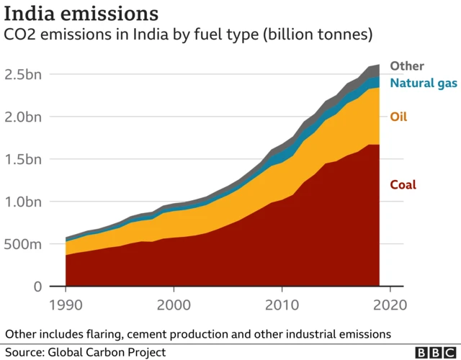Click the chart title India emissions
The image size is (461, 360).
click(81, 14)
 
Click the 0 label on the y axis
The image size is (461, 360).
click(36, 287)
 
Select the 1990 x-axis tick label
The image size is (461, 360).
click(66, 305)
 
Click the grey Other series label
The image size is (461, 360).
click(407, 66)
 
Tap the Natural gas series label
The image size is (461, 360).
click(423, 83)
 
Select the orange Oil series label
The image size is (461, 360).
click(398, 117)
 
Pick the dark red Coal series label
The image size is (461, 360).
click(403, 185)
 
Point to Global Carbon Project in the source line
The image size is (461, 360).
click(107, 352)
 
